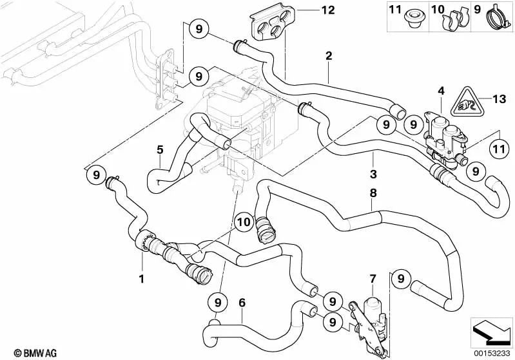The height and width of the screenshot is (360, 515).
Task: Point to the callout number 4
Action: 442,92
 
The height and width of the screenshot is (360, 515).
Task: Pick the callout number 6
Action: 242,301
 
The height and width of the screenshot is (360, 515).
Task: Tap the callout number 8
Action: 373,192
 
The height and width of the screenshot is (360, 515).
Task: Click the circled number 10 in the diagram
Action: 242,222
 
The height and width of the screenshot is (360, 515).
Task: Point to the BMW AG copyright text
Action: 24,352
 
